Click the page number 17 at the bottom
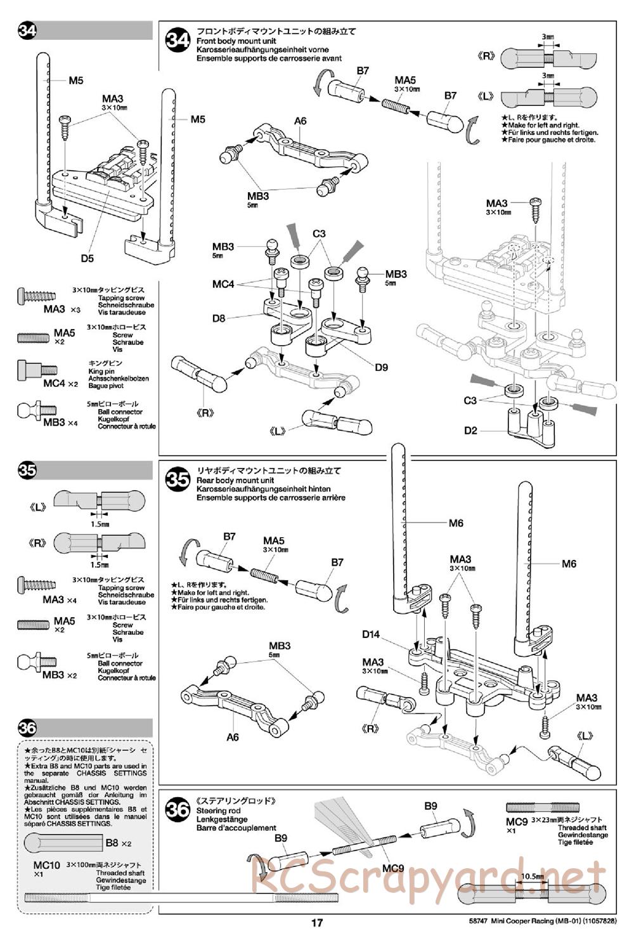[x=317, y=923]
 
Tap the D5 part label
[x=87, y=258]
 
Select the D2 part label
[x=470, y=431]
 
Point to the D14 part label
[x=371, y=634]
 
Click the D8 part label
[x=219, y=318]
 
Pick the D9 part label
[x=381, y=367]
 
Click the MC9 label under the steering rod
[x=393, y=868]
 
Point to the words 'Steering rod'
[x=218, y=811]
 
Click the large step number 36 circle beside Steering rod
[x=178, y=809]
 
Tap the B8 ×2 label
[x=118, y=843]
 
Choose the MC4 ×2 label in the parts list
[x=60, y=384]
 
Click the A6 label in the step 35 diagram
[x=233, y=737]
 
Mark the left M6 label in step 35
[x=456, y=523]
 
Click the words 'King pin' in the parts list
[x=101, y=370]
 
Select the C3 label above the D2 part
[x=470, y=400]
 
